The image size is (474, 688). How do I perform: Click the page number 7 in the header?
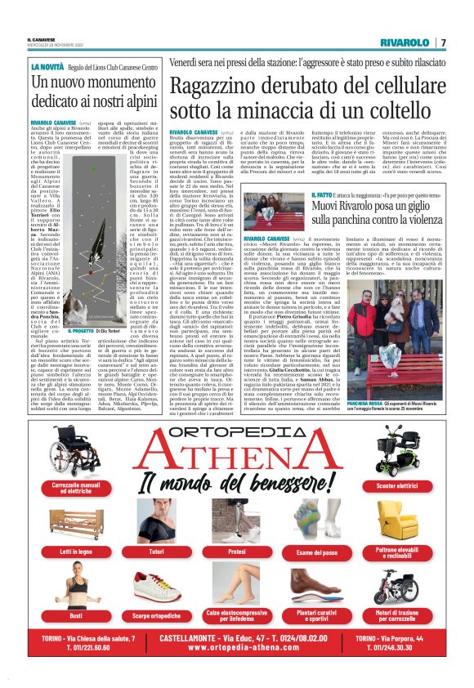click(444, 42)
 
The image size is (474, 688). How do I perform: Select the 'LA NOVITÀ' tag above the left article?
click(47, 66)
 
